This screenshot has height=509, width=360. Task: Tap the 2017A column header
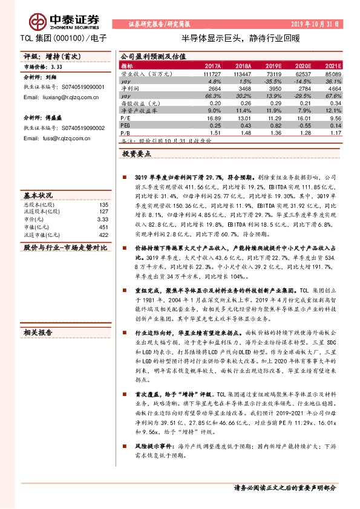pos(213,65)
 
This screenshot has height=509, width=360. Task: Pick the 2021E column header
pos(332,65)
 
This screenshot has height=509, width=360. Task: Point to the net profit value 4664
pos(334,88)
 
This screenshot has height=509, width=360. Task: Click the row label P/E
pos(126,119)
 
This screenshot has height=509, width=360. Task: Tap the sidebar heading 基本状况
pos(38,196)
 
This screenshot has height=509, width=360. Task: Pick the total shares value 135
pos(103,205)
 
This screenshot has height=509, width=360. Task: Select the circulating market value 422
pos(103,235)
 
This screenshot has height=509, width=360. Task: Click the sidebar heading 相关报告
pos(38,332)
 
